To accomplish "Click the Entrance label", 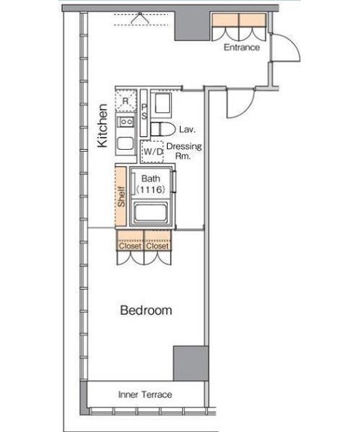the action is [242, 48].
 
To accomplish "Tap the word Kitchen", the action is [102, 125].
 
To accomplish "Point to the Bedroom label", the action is [146, 310].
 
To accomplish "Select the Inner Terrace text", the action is [145, 395].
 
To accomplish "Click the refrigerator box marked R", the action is [125, 101].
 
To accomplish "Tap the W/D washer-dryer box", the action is [153, 151].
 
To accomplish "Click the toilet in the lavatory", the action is [163, 129].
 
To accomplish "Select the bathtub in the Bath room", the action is [150, 212].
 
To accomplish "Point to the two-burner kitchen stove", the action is [125, 122].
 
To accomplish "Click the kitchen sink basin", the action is [125, 143].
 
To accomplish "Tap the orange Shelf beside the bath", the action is [121, 197].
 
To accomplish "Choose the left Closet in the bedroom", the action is [130, 240].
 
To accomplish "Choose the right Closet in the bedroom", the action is [158, 240].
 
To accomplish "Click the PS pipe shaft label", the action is [144, 112].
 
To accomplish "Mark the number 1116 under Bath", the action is [150, 189].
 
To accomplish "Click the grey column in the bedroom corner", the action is [191, 364].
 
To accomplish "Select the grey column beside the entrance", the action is [192, 27].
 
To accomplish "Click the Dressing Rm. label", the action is [184, 151].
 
